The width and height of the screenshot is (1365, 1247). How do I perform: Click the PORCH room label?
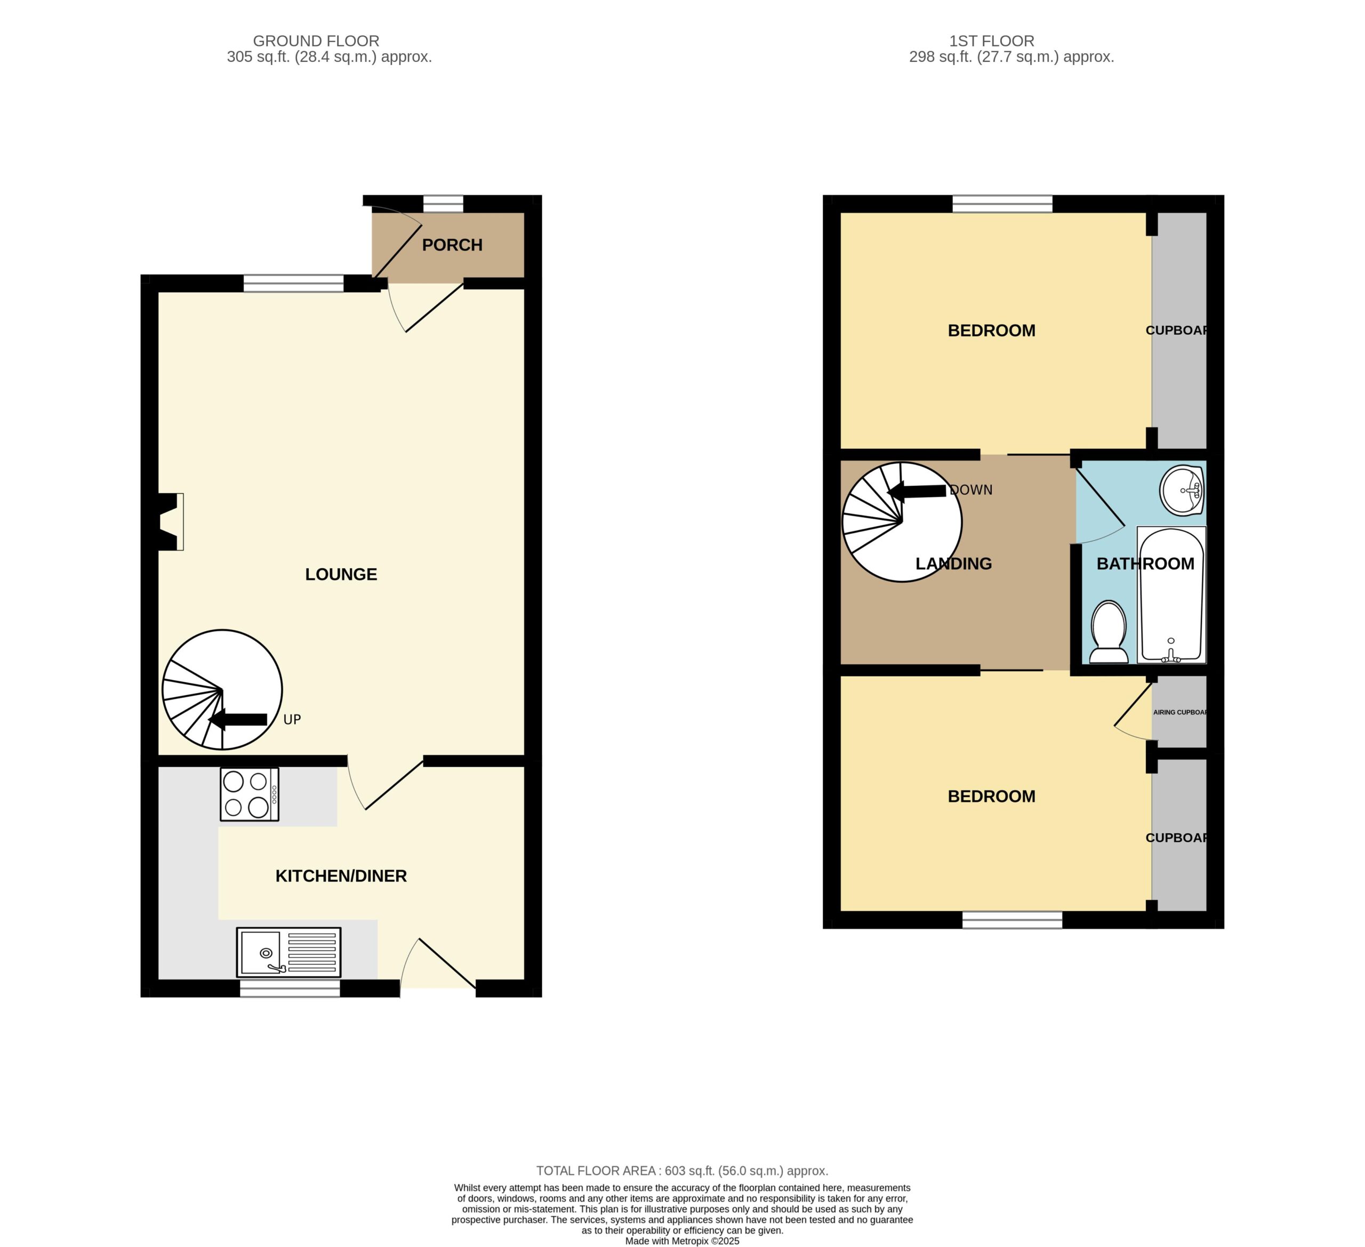coord(452,245)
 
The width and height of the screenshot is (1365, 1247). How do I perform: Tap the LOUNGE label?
coord(341,574)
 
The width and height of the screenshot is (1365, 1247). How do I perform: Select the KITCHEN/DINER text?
coord(341,876)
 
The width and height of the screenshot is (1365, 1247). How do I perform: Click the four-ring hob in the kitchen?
coord(249,794)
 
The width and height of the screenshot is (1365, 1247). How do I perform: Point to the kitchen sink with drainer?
coord(288,953)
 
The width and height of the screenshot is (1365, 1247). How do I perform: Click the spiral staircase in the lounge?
coord(222,690)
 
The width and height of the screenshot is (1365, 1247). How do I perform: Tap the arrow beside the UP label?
coord(238,720)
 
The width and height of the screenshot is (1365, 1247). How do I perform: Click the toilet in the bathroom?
coord(1109,632)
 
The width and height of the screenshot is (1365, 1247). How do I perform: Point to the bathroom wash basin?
coord(1182,490)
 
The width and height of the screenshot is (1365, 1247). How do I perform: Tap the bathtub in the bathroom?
coord(1171,594)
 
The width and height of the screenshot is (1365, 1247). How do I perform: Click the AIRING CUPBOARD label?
coord(1180,712)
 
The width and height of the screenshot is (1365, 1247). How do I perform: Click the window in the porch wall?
coord(444,203)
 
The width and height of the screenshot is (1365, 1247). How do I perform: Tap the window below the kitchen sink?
coord(290,988)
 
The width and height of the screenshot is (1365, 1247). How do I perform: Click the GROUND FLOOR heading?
coord(316,41)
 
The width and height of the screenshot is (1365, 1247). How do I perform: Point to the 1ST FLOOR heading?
coord(992,41)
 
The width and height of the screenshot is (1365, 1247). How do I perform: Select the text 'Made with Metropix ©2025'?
coord(682,1241)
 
